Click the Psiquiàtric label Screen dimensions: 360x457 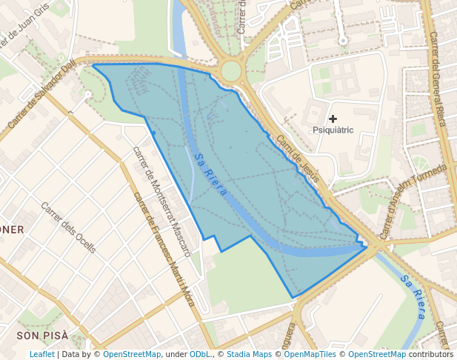pyautogui.click(x=333, y=130)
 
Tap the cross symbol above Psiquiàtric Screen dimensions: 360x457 pyautogui.click(x=333, y=119)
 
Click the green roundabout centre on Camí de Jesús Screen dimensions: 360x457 pyautogui.click(x=231, y=71)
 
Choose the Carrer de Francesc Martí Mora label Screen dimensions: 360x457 pyautogui.click(x=163, y=249)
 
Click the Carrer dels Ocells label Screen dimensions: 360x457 pyautogui.click(x=68, y=227)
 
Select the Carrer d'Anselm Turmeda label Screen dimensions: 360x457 pyautogui.click(x=414, y=189)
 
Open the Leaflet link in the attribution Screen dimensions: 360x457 pyautogui.click(x=41, y=354)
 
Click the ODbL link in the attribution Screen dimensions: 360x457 pyautogui.click(x=201, y=354)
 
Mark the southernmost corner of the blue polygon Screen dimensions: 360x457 pyautogui.click(x=293, y=298)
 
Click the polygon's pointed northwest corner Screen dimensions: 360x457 pyautogui.click(x=93, y=65)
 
